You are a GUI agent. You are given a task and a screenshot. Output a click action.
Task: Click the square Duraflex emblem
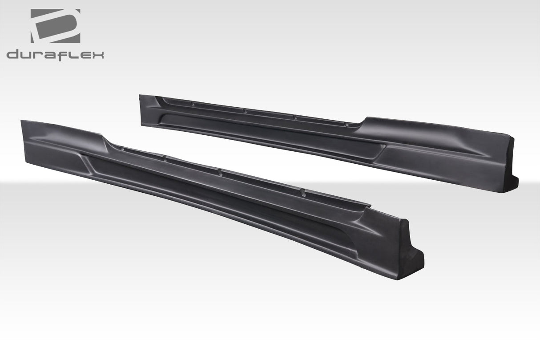point(55,26)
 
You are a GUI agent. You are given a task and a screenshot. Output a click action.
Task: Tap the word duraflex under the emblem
point(55,55)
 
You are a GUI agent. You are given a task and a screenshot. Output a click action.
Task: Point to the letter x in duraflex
point(98,55)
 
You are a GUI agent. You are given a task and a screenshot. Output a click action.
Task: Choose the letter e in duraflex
point(84,55)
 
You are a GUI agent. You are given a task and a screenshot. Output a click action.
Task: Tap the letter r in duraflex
point(39,55)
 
